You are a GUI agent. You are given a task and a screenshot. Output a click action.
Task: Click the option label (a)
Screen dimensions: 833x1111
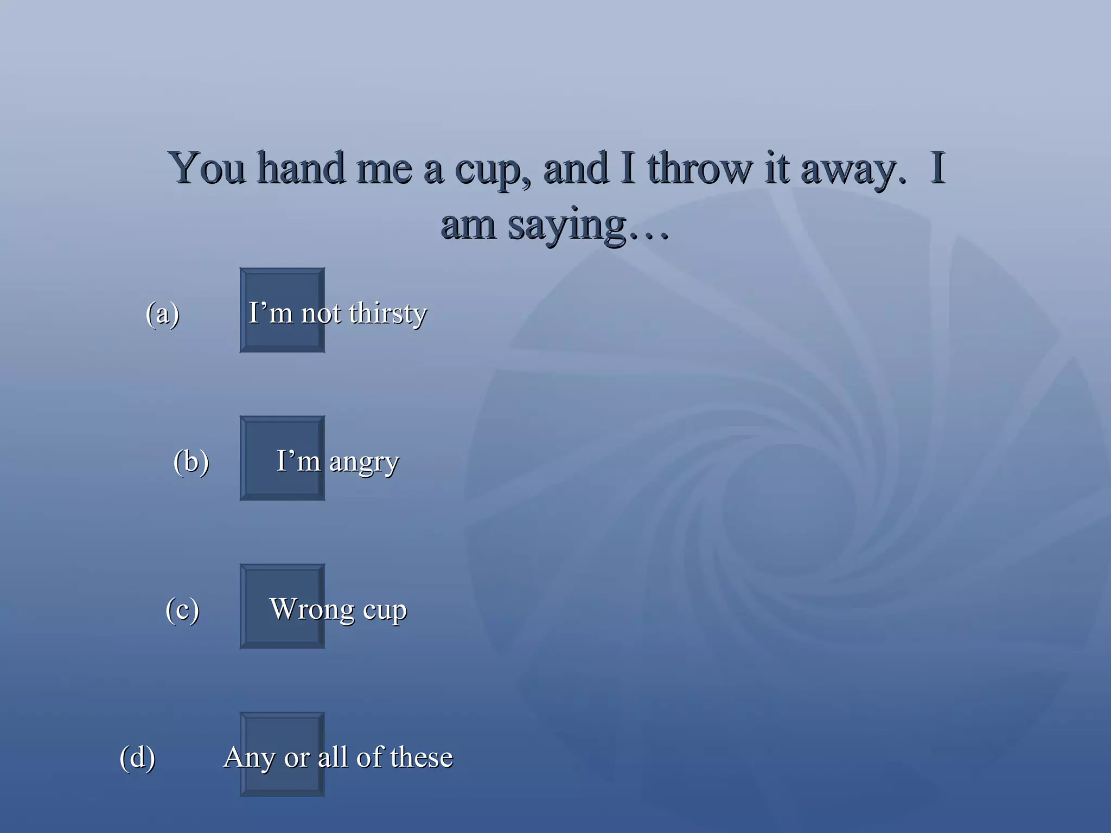coord(162,313)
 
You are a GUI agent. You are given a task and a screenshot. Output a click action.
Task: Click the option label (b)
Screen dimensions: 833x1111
coord(191,462)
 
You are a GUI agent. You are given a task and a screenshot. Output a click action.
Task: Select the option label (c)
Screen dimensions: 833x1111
coord(182,610)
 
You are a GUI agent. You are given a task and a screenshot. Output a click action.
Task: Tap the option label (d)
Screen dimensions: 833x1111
coord(137,758)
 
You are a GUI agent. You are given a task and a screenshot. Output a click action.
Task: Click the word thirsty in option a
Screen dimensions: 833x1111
coord(388,314)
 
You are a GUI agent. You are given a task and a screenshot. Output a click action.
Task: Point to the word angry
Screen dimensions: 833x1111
coord(364,463)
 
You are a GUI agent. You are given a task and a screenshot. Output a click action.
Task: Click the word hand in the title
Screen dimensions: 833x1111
coord(301,168)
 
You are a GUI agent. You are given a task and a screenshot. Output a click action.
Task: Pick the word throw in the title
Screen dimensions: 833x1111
coord(700,168)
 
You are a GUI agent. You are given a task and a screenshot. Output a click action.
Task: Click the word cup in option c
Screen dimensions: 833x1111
coord(385,611)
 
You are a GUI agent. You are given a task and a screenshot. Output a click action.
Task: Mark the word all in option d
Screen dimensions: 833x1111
coord(333,757)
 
